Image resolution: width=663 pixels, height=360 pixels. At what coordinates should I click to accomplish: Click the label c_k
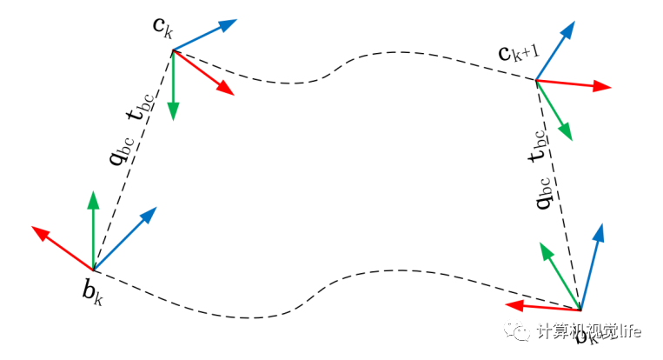pyautogui.click(x=162, y=27)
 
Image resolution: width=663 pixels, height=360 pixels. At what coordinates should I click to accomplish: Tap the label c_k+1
pyautogui.click(x=519, y=53)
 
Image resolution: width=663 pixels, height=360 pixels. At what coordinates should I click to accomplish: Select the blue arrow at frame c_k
pyautogui.click(x=206, y=36)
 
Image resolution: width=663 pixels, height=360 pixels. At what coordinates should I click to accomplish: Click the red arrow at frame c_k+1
pyautogui.click(x=573, y=84)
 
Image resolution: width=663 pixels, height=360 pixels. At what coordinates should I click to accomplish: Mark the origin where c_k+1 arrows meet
pyautogui.click(x=536, y=81)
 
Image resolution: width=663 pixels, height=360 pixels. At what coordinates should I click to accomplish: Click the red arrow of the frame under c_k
pyautogui.click(x=62, y=248)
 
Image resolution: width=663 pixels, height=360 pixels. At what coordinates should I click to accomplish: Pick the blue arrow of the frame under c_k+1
pyautogui.click(x=591, y=265)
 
